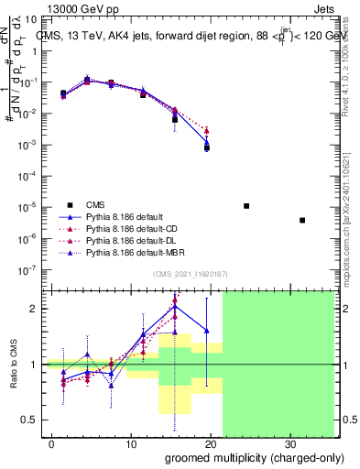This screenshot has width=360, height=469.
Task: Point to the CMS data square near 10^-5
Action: point(246,206)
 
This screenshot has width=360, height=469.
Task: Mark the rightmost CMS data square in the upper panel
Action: point(302,220)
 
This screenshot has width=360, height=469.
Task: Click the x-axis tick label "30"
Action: point(289,442)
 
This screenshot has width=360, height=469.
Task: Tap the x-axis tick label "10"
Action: point(130,442)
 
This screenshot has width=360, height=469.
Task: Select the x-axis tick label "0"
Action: point(52,442)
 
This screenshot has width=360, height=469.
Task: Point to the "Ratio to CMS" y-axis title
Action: point(14,365)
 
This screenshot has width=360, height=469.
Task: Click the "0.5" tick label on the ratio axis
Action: point(29,420)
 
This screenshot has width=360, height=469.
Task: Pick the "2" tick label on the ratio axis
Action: point(34,309)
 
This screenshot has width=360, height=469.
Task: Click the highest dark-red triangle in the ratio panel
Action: point(175,299)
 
